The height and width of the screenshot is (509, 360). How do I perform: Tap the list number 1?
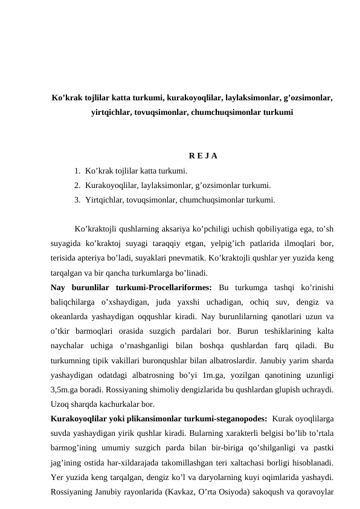click(77, 172)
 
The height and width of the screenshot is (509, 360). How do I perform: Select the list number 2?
click(77, 186)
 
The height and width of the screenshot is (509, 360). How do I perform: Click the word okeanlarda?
click(72, 316)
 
